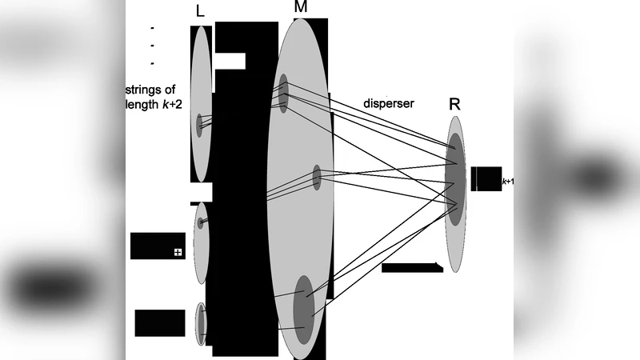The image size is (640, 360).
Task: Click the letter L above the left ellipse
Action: pos(200,11)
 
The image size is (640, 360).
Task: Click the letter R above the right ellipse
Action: pos(454,105)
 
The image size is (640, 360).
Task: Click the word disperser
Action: pos(389,103)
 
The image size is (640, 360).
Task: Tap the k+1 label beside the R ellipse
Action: pos(507,182)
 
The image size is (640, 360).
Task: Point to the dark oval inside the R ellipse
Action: pos(455,179)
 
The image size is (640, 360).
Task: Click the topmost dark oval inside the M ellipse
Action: pos(283,93)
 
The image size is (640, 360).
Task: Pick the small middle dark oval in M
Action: pos(317,177)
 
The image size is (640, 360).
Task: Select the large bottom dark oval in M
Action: pos(304,307)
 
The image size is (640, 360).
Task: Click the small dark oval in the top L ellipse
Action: pos(200,126)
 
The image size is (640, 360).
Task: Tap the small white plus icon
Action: pos(178,253)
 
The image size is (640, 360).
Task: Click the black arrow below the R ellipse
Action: pos(412,267)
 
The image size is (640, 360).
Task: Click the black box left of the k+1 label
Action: pos(486,178)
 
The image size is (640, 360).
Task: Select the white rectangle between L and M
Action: pos(230,62)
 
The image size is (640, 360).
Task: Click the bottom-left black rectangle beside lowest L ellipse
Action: pos(159,322)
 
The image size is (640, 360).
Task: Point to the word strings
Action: pos(149,90)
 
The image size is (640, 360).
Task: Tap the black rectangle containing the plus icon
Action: pos(158,246)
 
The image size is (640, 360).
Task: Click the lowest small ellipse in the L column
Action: pos(202,324)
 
